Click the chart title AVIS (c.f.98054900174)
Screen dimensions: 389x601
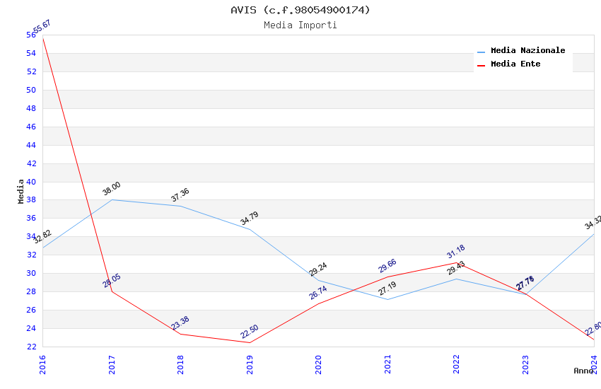point(300,10)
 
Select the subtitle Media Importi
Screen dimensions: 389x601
point(300,25)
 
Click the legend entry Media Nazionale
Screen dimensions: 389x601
point(527,50)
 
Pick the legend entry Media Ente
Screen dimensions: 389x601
point(515,64)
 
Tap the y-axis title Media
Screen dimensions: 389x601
point(21,191)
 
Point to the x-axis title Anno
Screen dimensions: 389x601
point(584,371)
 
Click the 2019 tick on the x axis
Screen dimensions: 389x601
point(250,364)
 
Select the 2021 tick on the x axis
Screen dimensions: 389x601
point(387,364)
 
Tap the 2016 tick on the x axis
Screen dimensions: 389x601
point(42,364)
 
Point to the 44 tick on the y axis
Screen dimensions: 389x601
point(31,145)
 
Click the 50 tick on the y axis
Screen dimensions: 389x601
point(31,90)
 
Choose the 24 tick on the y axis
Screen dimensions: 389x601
point(31,328)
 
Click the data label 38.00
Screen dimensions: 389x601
point(112,189)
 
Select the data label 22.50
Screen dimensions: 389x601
point(250,332)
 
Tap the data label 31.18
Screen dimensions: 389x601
point(456,252)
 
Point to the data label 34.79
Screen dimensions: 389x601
point(250,218)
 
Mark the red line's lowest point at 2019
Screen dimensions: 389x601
point(250,342)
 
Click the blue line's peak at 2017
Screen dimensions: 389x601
point(112,199)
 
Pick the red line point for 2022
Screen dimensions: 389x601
point(456,262)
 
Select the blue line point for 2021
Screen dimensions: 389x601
point(387,299)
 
